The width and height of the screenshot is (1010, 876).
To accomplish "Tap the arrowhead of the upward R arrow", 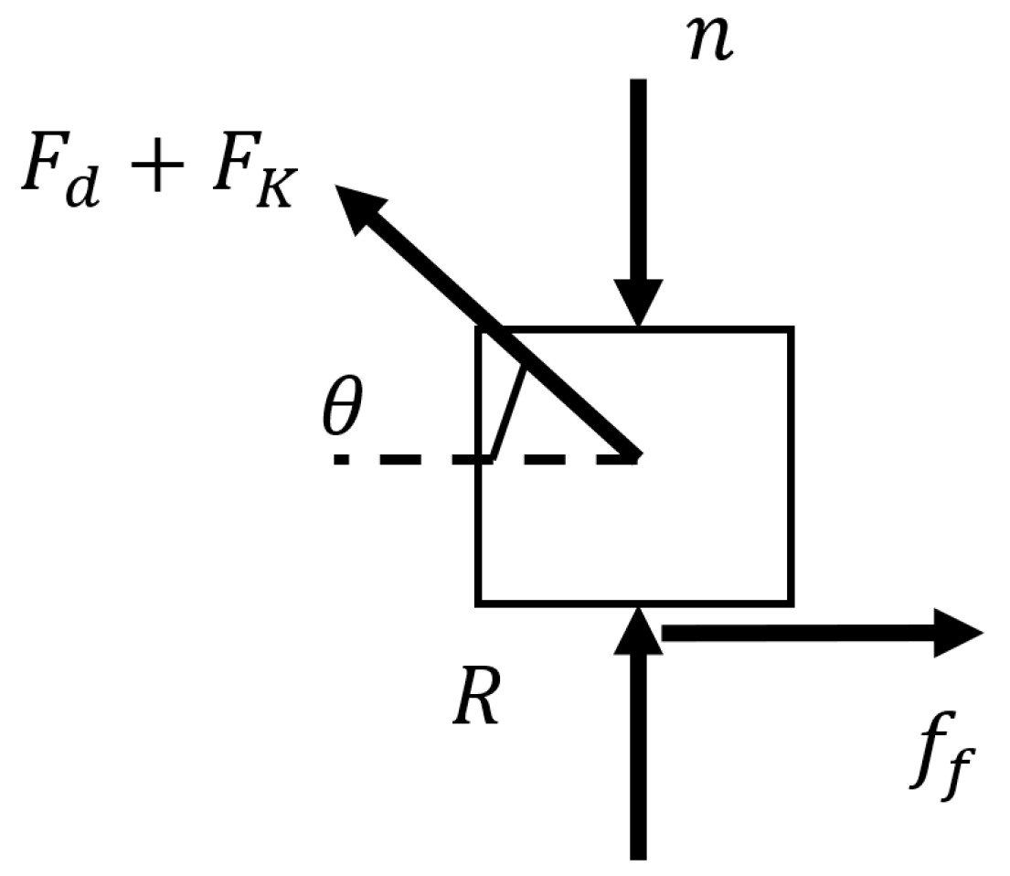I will tap(638, 631).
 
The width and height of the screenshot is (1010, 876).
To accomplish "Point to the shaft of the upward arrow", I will tap(638, 759).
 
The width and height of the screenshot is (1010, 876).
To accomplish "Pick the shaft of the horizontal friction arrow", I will tap(795, 633).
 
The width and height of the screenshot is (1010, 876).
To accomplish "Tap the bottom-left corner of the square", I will tap(478, 603).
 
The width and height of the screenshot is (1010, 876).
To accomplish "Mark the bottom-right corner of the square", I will tap(790, 603).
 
